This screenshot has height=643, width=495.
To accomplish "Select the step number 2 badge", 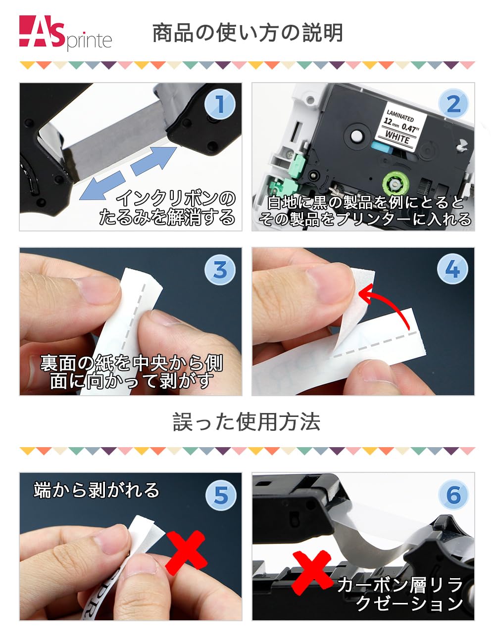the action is [453, 104].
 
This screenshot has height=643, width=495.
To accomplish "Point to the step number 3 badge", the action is [220, 270].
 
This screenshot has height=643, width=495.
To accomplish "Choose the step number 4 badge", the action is [452, 270].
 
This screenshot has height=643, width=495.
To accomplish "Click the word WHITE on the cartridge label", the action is [397, 138].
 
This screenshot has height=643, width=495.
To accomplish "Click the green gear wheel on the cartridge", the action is [395, 185].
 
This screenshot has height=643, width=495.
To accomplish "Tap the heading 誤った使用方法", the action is [247, 422].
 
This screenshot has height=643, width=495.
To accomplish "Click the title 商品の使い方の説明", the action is [247, 33].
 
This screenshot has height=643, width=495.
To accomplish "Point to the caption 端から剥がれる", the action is [97, 490].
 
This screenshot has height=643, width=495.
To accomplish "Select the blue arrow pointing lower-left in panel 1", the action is [102, 185].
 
